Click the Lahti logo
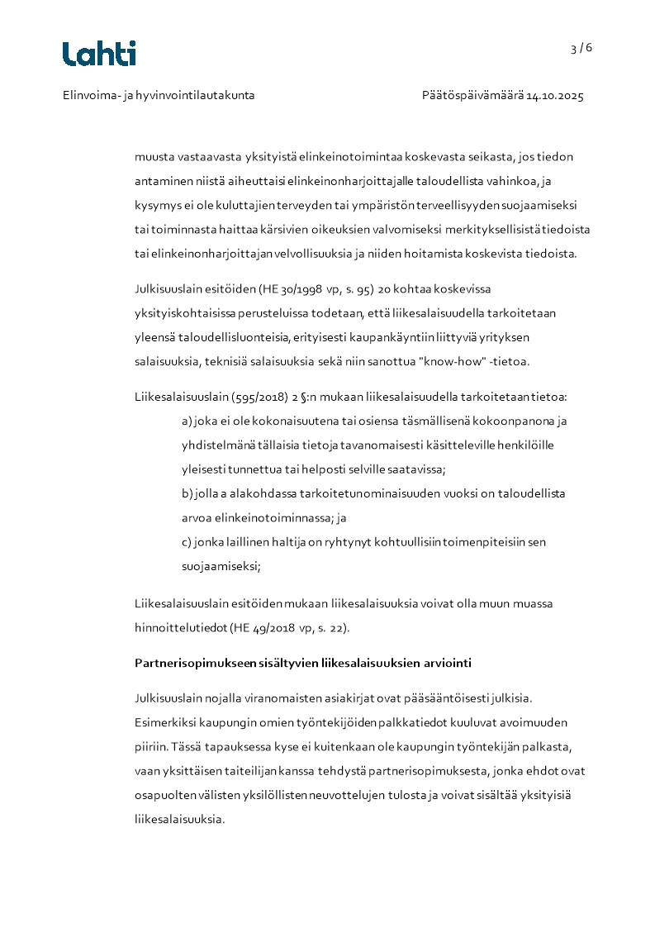coord(99,54)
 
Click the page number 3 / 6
coord(581,48)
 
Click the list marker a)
coord(187,421)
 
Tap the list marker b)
coord(187,494)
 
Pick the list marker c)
coord(187,542)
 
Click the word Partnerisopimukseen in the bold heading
coord(187,664)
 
